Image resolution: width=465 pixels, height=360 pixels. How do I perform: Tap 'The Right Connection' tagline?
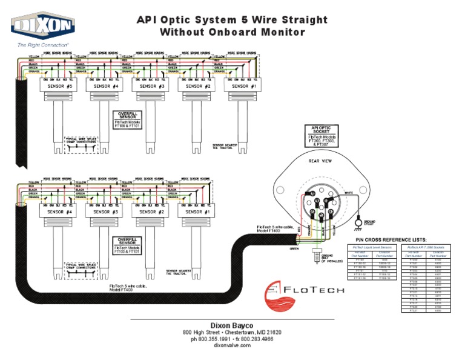[42, 45]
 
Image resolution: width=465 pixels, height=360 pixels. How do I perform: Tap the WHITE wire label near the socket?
[349, 193]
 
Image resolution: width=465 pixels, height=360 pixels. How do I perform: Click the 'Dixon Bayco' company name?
[232, 325]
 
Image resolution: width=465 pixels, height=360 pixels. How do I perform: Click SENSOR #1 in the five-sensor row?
[245, 87]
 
